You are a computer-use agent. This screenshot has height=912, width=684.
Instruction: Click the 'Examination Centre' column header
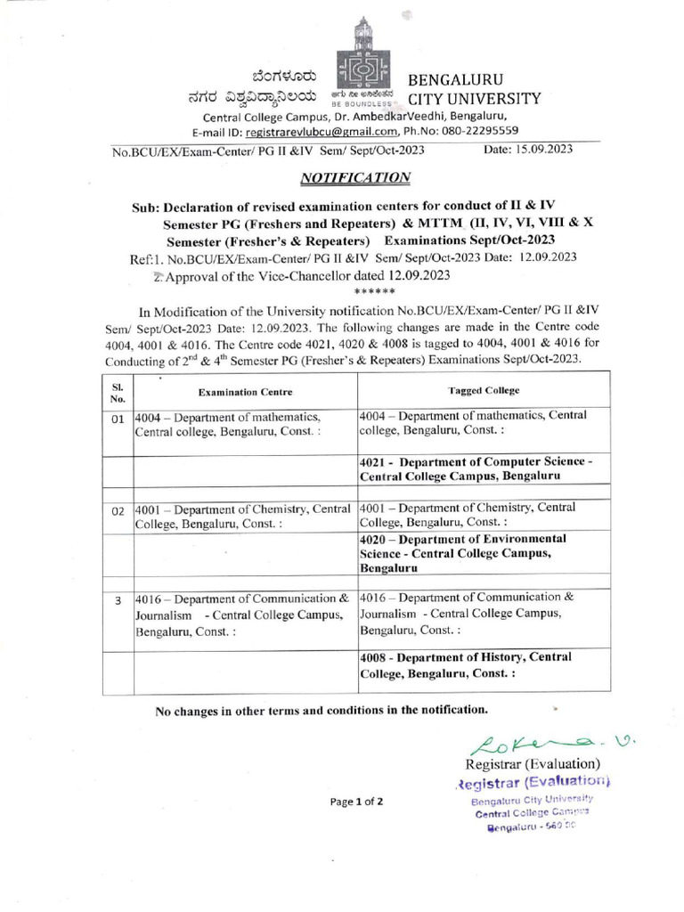point(245,392)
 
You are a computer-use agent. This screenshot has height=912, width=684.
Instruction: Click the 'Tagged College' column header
point(484,390)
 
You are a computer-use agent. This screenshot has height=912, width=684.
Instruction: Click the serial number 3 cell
point(117,602)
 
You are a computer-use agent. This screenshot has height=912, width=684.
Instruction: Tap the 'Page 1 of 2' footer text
point(355,802)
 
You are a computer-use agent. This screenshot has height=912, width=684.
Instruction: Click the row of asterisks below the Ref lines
point(368,291)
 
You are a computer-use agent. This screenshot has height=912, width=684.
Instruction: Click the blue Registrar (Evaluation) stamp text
point(532,782)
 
